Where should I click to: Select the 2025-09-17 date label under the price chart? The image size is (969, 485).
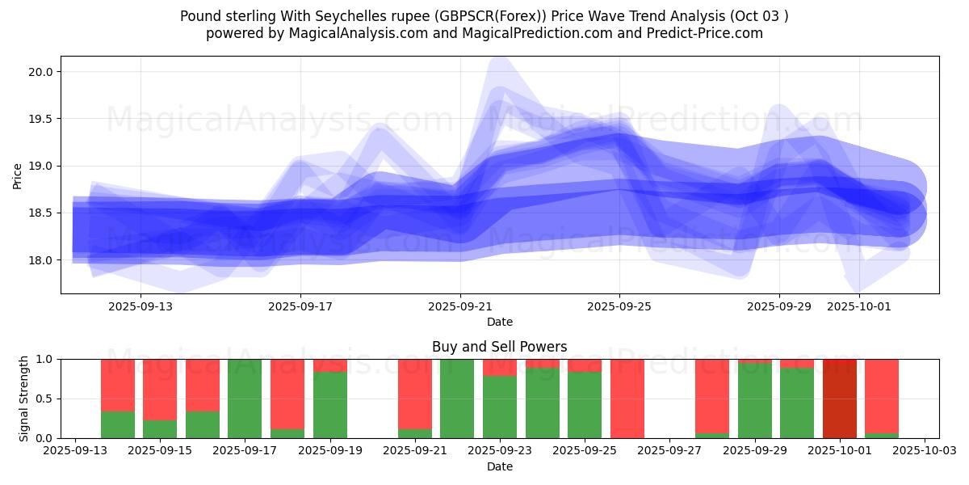point(300,307)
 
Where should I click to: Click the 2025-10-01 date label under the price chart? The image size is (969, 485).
point(859,307)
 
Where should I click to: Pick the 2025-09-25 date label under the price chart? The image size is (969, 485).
point(619,307)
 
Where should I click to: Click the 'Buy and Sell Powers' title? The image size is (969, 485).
point(499,347)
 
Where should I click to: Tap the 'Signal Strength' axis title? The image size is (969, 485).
point(24,399)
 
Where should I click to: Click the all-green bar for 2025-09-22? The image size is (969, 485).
point(457,399)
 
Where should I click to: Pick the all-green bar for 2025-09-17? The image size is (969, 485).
point(245,399)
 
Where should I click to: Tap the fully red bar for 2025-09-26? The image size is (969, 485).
point(627,399)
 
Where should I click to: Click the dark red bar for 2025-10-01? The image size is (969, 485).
point(840,399)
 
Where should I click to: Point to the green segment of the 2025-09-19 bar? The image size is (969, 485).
point(329,405)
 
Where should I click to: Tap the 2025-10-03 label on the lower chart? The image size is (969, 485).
point(925,451)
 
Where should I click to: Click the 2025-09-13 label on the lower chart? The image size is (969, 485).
point(75,451)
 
